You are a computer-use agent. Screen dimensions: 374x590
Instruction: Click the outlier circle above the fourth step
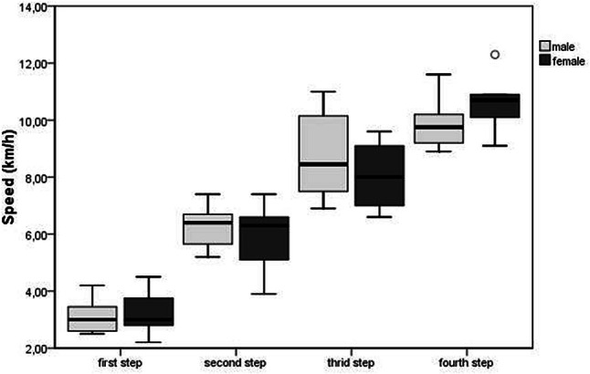point(495,55)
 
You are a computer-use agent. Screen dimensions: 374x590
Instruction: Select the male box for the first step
point(91,318)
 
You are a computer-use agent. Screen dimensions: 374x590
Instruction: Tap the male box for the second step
point(209,229)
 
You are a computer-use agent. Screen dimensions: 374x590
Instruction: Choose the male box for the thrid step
point(324,153)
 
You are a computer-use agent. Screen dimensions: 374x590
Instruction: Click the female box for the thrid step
point(385,175)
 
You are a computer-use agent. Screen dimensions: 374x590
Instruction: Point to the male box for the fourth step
point(439,129)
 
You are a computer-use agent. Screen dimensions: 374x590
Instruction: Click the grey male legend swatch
point(545,46)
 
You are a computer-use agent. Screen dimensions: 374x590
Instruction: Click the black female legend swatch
point(545,60)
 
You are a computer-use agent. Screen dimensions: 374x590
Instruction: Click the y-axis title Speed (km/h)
point(11,178)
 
